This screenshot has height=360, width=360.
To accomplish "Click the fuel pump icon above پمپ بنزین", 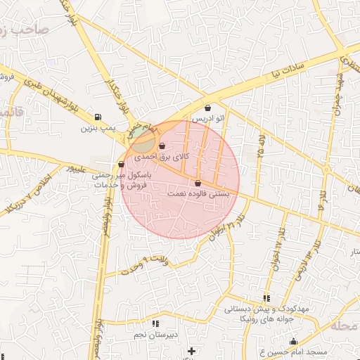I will (x=97, y=117).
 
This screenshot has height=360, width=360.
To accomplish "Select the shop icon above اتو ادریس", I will (x=209, y=108).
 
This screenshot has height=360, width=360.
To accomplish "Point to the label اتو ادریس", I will (x=209, y=119).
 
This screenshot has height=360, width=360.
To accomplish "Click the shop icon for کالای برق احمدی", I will (x=162, y=146).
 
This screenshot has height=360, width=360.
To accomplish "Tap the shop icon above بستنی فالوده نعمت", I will (x=198, y=183).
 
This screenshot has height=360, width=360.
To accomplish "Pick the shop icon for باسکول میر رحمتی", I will (x=122, y=165).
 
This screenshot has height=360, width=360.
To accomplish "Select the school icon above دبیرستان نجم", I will (x=155, y=324).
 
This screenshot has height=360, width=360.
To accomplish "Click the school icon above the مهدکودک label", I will (x=266, y=298).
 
